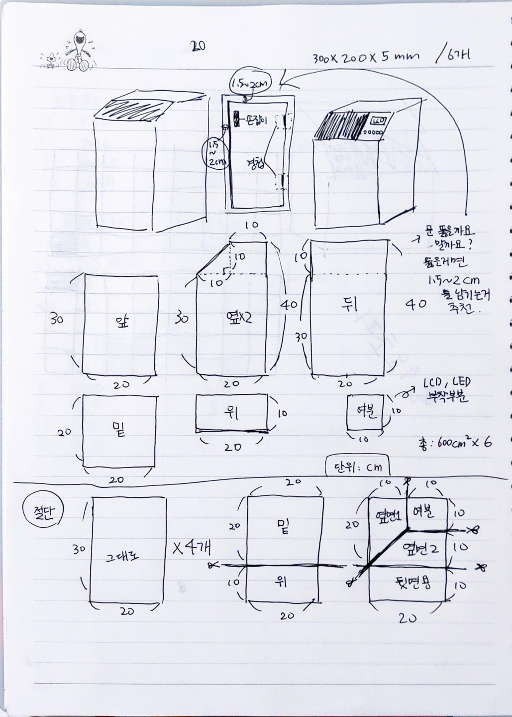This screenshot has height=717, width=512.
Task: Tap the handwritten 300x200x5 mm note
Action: [x=366, y=57]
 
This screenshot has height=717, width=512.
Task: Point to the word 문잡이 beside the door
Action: [x=256, y=120]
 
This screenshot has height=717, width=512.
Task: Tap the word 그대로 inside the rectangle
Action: [x=122, y=556]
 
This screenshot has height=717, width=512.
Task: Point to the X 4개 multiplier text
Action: [x=192, y=548]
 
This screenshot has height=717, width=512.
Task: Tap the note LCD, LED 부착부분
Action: [x=445, y=390]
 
